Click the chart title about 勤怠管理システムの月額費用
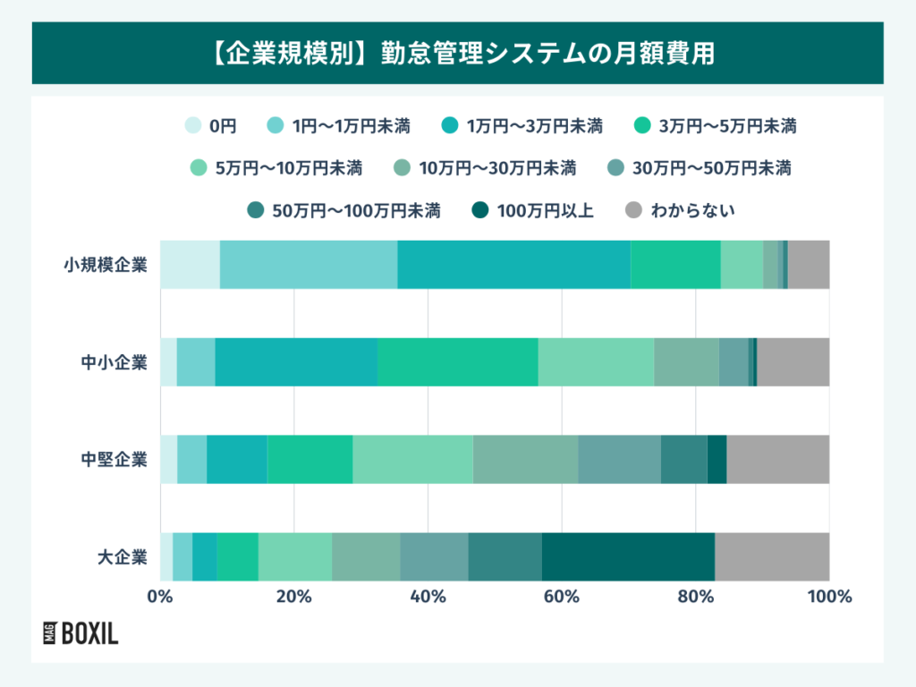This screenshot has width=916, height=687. (x=457, y=53)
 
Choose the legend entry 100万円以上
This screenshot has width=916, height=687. (x=532, y=211)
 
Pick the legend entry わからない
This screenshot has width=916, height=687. (x=680, y=211)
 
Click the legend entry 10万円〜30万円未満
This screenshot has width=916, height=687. (x=486, y=168)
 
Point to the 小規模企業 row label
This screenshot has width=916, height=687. (x=105, y=265)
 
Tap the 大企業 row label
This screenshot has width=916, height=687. (x=122, y=556)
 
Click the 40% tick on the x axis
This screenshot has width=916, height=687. (x=428, y=597)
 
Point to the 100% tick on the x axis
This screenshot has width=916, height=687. (x=829, y=597)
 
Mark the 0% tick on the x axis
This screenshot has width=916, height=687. (x=160, y=597)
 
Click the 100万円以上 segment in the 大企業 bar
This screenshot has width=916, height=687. (x=628, y=556)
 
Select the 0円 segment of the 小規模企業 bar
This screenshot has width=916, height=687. (x=190, y=265)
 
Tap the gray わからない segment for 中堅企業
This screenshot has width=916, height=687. (x=777, y=459)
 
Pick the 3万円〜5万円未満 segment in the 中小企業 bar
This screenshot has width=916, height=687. (x=457, y=362)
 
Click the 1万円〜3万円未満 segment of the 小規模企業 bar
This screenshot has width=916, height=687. (x=513, y=265)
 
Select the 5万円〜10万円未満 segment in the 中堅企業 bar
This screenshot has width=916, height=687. (x=412, y=459)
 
